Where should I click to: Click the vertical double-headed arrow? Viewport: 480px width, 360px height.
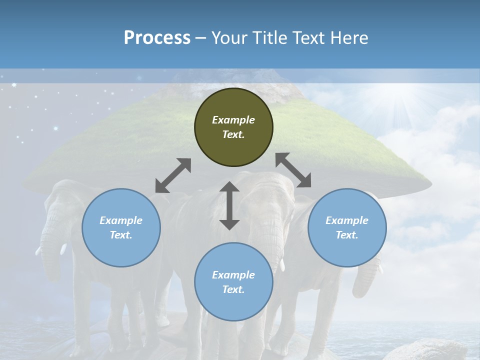[x=229, y=205]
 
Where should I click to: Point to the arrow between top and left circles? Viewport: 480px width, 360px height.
[x=173, y=175]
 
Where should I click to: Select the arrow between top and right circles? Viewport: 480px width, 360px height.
[x=293, y=170]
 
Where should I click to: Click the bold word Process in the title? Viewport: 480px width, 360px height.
[x=157, y=38]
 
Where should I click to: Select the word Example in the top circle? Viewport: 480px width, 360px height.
[x=233, y=120]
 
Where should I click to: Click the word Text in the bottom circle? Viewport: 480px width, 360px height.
[x=231, y=289]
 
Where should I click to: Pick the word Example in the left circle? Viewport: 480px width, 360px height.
[x=121, y=220]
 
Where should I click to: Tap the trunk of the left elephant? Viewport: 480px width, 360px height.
[x=50, y=250]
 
